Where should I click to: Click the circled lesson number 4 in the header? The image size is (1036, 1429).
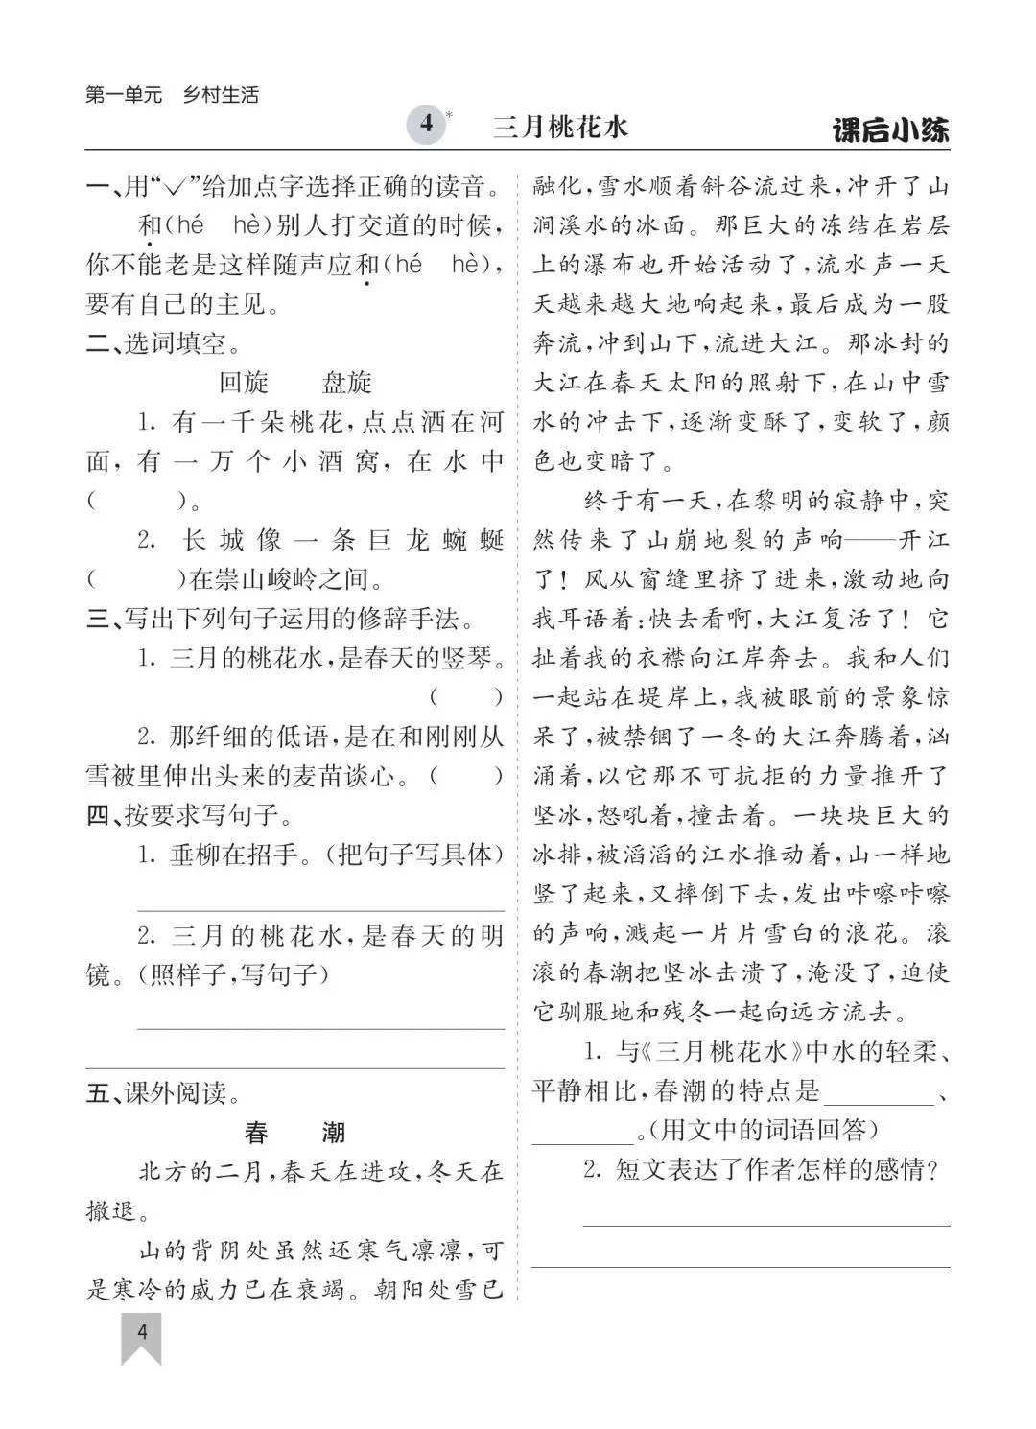tap(426, 125)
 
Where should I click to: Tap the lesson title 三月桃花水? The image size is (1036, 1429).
tap(560, 128)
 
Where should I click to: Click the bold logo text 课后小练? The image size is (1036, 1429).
tap(891, 129)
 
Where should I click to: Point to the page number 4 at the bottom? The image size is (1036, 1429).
tap(142, 1332)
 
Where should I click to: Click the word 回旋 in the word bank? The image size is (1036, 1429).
tap(244, 383)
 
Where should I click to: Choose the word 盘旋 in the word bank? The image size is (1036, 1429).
tap(346, 383)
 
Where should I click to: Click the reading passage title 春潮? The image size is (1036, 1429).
tap(294, 1133)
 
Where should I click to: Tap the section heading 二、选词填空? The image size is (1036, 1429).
tap(163, 343)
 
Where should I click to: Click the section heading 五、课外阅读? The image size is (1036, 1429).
tap(162, 1093)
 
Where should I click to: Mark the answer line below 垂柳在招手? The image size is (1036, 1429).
tap(320, 909)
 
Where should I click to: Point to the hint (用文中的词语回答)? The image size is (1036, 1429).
tap(763, 1131)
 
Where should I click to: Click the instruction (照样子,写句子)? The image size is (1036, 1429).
tap(235, 975)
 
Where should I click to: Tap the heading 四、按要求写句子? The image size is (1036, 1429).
tap(189, 815)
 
